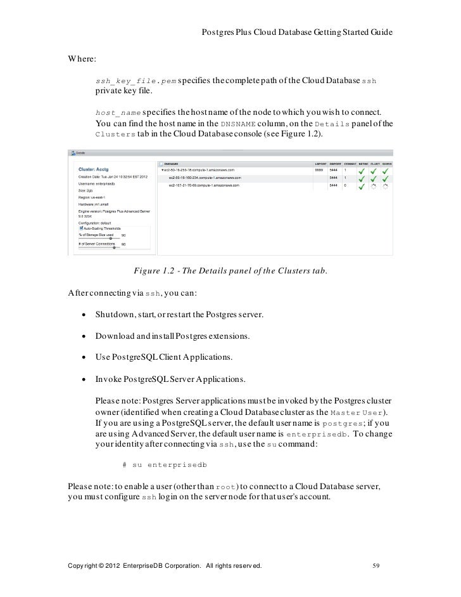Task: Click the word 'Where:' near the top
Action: click(x=82, y=59)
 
